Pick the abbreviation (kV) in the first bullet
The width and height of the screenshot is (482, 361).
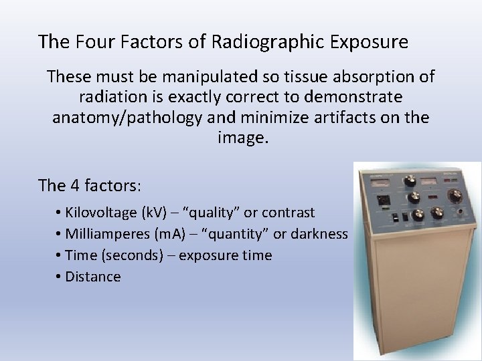point(156,213)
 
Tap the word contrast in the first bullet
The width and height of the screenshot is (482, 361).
point(289,213)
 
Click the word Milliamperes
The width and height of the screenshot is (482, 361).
point(104,234)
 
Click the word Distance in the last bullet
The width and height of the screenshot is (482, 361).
point(93,277)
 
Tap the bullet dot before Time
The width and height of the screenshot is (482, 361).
point(60,255)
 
